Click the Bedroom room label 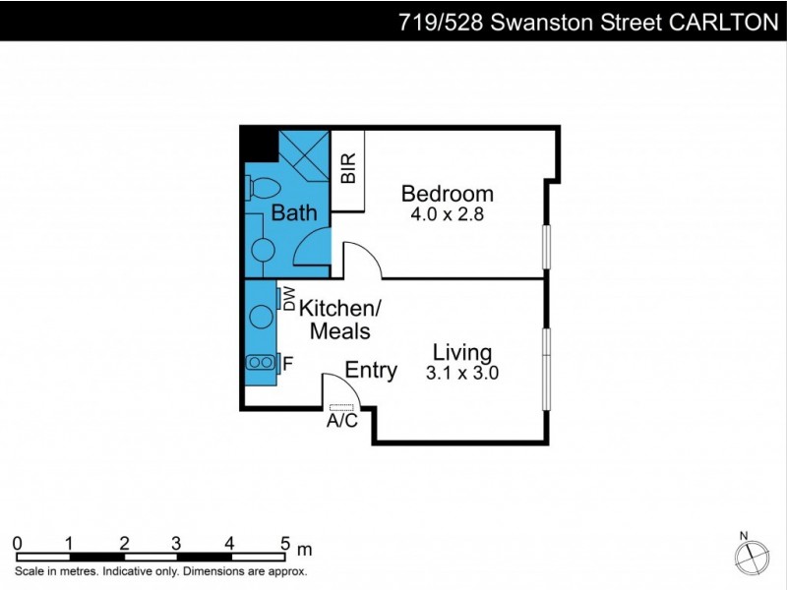(447, 193)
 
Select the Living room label (462, 352)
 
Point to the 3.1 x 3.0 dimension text (462, 373)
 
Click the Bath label (293, 212)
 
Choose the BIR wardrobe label (347, 170)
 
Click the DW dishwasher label (289, 298)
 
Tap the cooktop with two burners (261, 362)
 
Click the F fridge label (287, 364)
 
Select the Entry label (371, 371)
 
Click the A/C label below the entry (341, 422)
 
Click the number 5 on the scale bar (284, 542)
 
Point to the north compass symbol (752, 557)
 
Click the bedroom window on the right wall (546, 247)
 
